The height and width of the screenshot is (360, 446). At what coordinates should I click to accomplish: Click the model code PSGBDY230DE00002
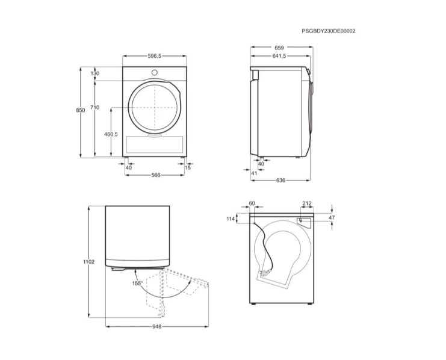tap(329, 31)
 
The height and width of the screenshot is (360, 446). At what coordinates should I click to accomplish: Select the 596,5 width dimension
tap(155, 56)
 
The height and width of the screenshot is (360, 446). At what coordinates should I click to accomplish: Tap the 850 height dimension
tap(81, 110)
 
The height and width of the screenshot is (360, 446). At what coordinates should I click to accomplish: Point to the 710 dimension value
tap(94, 107)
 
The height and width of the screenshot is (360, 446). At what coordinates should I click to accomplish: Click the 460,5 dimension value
tap(111, 134)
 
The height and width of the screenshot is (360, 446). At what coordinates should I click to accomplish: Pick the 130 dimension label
tap(95, 73)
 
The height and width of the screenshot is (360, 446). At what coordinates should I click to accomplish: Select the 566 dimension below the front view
tap(156, 175)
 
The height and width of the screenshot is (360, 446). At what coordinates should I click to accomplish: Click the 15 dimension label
tap(188, 167)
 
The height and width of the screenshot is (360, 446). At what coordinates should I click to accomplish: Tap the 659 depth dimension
tap(279, 48)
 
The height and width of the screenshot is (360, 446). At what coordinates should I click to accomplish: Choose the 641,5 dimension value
tap(279, 56)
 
